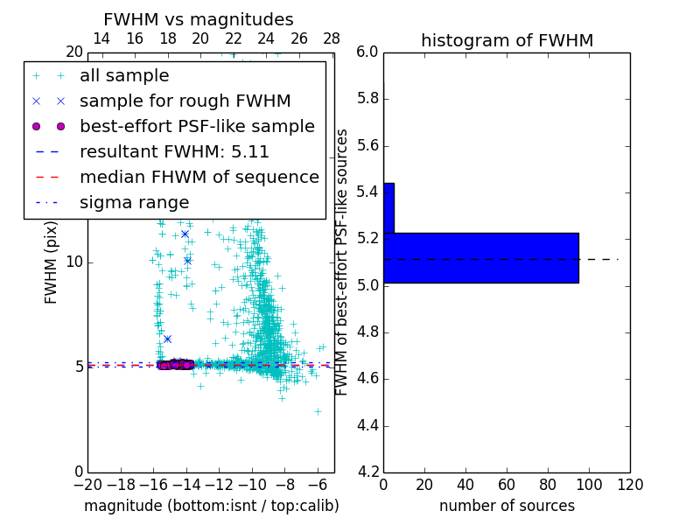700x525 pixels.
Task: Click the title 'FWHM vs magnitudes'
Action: click(x=198, y=20)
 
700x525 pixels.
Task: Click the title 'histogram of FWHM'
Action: click(x=507, y=41)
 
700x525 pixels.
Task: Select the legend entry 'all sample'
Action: click(x=124, y=76)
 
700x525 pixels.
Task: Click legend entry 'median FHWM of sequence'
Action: click(x=199, y=177)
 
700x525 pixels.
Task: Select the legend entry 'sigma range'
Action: click(x=134, y=203)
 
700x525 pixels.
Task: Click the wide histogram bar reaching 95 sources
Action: click(x=480, y=258)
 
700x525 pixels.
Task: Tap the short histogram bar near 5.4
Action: click(x=388, y=208)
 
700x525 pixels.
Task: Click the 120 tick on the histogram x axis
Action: click(x=630, y=484)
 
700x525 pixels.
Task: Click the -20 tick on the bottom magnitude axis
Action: click(x=87, y=484)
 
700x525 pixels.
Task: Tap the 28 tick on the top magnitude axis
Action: click(x=332, y=38)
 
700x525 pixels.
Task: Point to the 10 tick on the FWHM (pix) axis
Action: click(x=75, y=262)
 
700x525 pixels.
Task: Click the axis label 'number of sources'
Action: click(x=507, y=506)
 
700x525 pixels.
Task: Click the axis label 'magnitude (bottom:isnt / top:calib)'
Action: click(x=211, y=506)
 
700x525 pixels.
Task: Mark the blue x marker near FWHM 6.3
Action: click(x=167, y=339)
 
